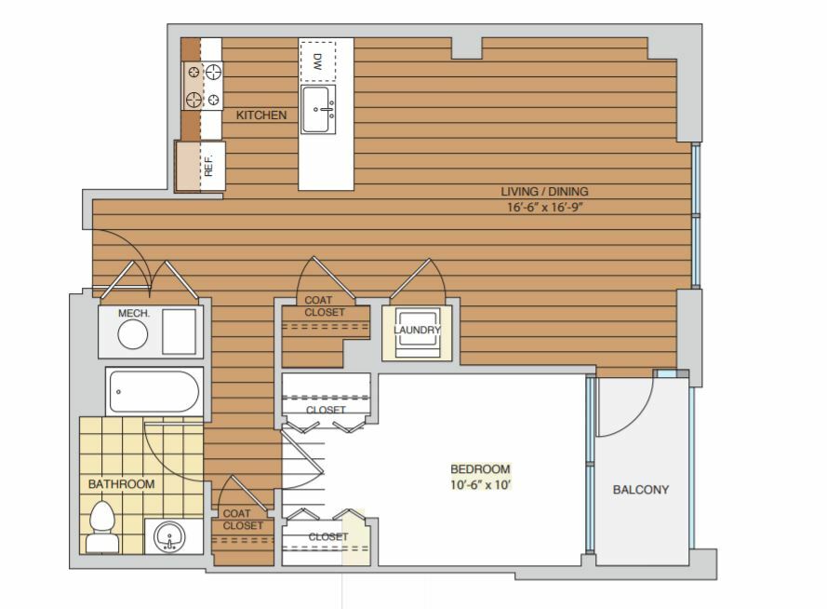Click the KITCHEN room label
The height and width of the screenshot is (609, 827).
[x=261, y=115]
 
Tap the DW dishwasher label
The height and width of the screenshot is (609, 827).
[x=317, y=61]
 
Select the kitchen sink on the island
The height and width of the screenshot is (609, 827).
[x=318, y=109]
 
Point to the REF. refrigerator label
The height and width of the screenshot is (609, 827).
[x=208, y=165]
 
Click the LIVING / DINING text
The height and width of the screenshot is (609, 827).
[x=544, y=192]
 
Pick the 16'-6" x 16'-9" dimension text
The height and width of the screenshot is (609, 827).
[x=545, y=207]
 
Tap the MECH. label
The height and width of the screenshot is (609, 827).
[x=134, y=314]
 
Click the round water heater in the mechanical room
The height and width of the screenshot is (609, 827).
[x=132, y=334]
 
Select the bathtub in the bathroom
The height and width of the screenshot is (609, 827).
[x=154, y=392]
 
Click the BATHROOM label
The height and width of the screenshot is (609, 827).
[x=121, y=484]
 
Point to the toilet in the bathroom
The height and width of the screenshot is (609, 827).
[x=102, y=527]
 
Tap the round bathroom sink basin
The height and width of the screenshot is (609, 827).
[x=169, y=536]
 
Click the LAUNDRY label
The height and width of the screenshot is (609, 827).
[x=417, y=330]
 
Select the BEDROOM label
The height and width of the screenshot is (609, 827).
[x=480, y=469]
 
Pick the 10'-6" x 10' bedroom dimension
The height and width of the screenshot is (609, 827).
[x=480, y=484]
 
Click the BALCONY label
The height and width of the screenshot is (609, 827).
[x=641, y=490]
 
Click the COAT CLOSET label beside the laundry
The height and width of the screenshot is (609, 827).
[x=325, y=306]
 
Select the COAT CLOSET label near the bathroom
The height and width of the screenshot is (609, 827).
[x=243, y=520]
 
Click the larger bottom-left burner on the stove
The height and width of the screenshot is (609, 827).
[x=193, y=98]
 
